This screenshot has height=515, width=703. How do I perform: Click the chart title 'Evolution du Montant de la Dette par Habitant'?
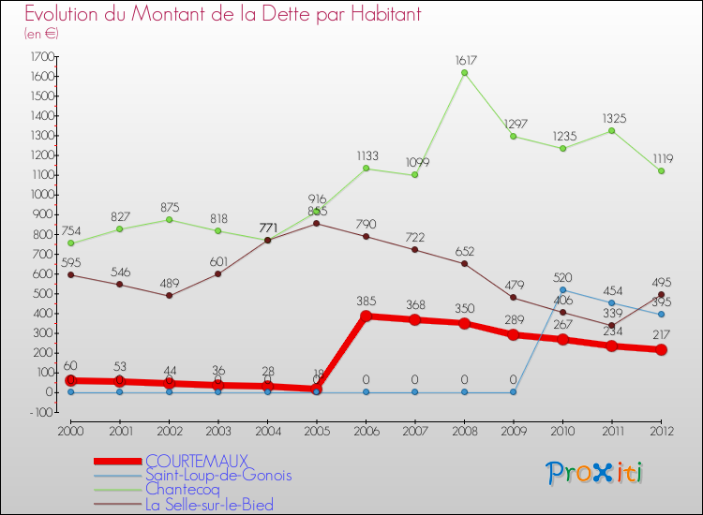coord(222,15)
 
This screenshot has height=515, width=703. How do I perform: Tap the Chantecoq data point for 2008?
coord(464,73)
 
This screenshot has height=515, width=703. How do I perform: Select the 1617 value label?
coord(464,59)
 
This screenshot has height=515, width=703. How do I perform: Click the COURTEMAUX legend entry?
coord(196,461)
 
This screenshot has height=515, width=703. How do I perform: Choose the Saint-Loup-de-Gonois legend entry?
coord(218,476)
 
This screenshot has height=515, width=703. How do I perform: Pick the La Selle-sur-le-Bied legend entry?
coord(209,506)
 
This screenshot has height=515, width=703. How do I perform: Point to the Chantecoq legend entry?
coord(183,491)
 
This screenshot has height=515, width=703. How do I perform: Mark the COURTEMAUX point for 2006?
coord(366,316)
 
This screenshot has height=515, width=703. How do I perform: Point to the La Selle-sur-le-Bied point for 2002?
coord(169,296)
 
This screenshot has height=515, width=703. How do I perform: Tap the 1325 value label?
coord(612,118)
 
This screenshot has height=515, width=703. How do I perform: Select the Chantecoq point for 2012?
coord(661,171)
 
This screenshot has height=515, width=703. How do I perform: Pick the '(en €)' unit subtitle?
coord(42,34)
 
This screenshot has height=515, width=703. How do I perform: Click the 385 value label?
coord(366,302)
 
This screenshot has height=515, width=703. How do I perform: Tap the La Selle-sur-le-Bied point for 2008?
coord(464,263)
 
